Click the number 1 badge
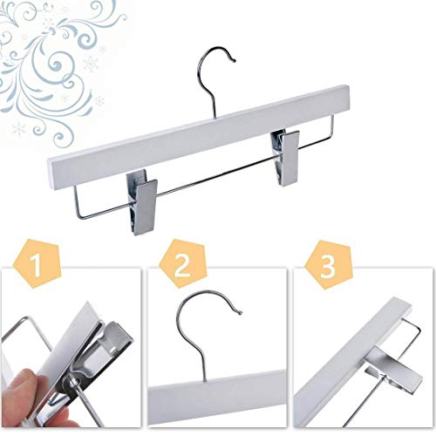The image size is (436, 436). point(37,264)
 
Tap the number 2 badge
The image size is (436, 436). point(182,264)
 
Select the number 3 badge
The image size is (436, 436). point(328,265)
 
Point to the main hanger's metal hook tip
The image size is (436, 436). point(234,60)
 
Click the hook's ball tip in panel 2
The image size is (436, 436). point(240,313)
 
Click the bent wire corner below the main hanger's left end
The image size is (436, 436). point(79,217)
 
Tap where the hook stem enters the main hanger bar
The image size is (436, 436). point(216,118)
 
